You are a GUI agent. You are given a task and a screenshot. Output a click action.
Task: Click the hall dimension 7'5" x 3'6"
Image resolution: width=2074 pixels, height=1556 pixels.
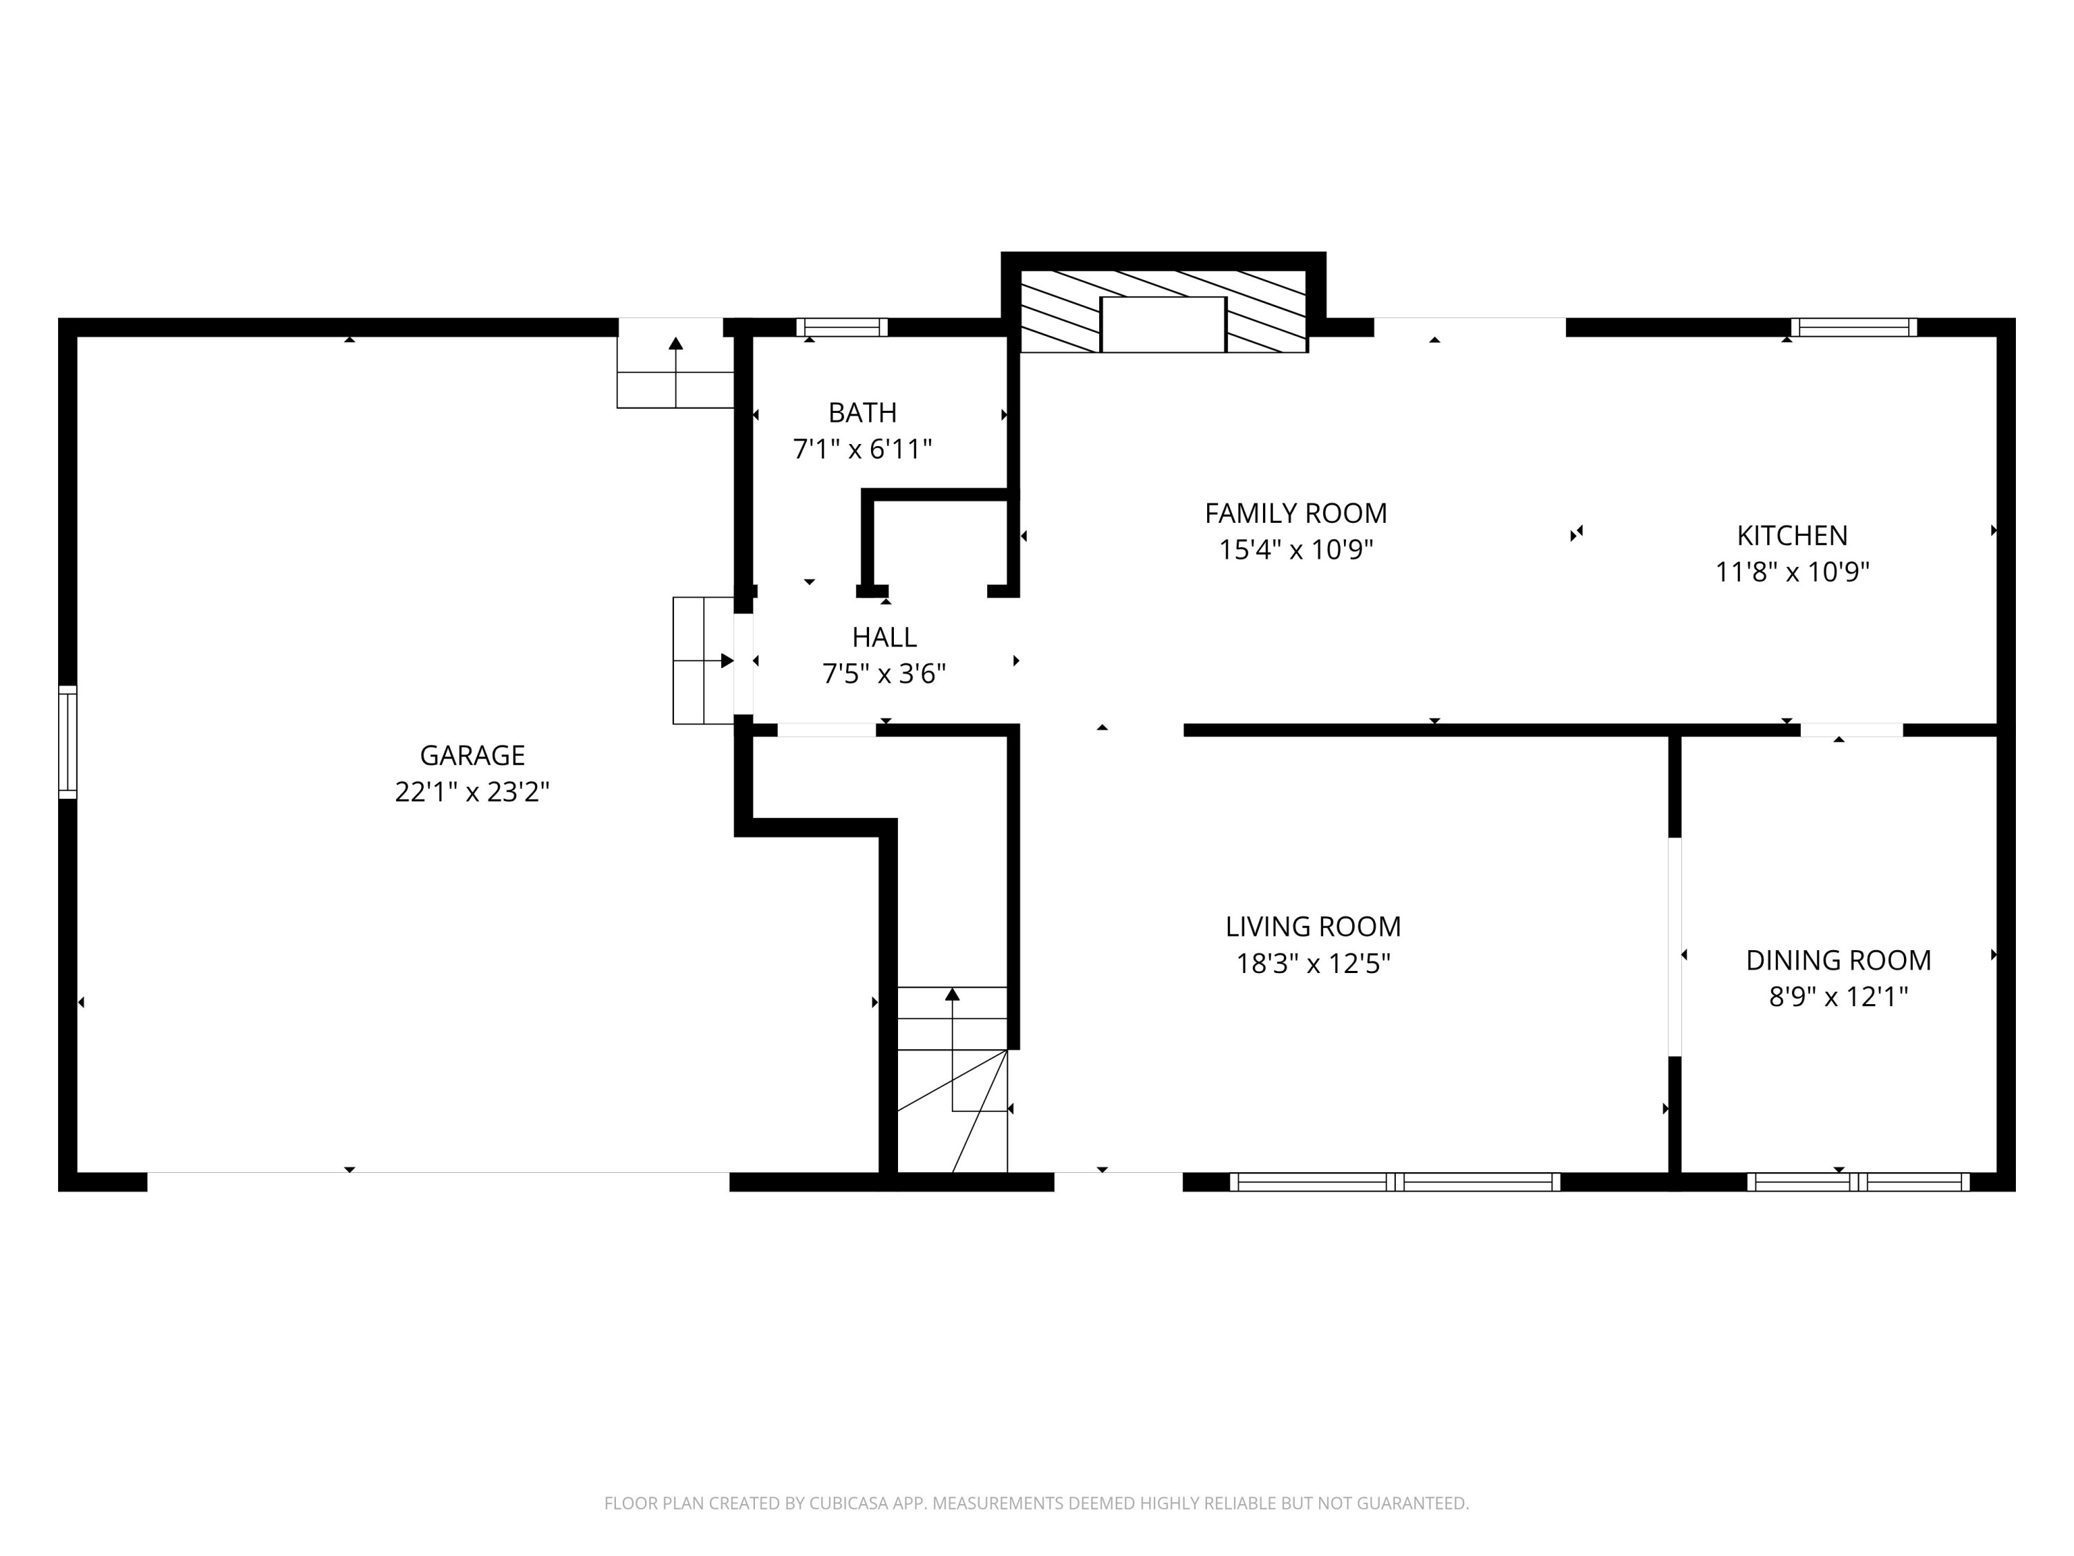pos(884,674)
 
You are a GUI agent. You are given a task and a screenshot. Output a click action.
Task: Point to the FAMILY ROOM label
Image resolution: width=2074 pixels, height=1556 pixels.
pos(1295,513)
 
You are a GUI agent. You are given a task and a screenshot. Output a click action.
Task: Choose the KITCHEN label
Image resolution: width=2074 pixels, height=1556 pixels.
pos(1792,535)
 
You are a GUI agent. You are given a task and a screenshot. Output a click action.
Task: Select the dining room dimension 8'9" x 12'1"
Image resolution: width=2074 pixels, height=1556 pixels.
pos(1838,996)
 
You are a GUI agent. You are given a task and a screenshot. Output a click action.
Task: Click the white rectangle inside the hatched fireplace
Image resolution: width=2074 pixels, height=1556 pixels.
pos(1163,324)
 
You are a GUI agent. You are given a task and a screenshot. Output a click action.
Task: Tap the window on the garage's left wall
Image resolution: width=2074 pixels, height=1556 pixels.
pos(68,742)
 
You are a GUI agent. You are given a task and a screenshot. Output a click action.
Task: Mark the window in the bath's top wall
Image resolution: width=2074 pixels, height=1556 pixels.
pos(841,327)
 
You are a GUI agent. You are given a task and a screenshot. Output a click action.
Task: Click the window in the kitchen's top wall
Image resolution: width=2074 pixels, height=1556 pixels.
pos(1853,327)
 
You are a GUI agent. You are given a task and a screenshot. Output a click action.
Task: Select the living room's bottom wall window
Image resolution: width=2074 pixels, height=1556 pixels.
pos(1394,1182)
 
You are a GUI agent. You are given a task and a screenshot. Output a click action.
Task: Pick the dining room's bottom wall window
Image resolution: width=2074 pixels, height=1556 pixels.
pos(1858,1182)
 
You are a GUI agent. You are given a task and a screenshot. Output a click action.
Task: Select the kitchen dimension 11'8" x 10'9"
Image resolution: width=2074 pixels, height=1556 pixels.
pos(1792,572)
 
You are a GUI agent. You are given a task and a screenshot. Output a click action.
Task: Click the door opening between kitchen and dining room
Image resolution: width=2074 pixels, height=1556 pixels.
pos(1851,730)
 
